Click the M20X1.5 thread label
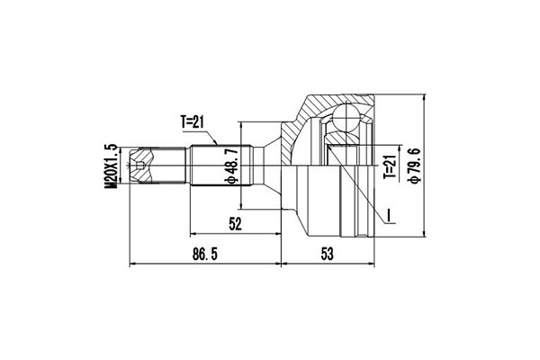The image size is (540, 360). click(112, 166)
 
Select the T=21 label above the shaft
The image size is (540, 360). click(193, 122)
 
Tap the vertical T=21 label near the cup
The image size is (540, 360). click(389, 166)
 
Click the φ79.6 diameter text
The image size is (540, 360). click(414, 166)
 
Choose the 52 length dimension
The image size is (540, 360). click(236, 224)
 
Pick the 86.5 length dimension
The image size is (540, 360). click(205, 254)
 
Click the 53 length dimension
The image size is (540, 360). click(328, 254)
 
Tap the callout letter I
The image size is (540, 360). click(389, 215)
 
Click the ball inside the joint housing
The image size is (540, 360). click(346, 117)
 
